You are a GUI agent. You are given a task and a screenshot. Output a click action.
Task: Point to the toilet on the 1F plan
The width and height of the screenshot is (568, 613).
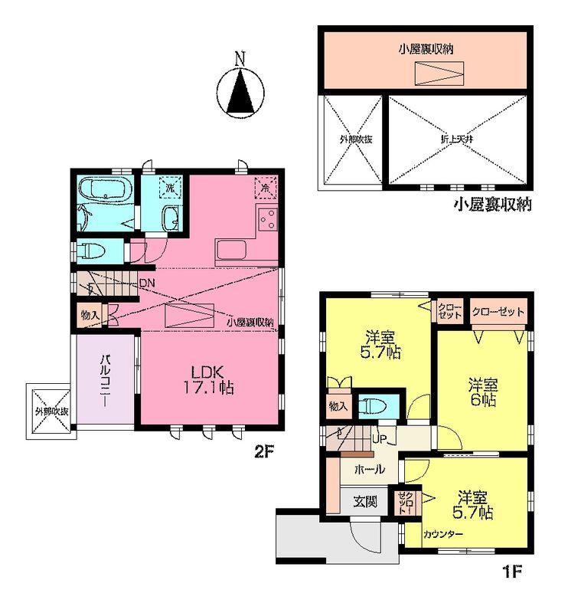374,405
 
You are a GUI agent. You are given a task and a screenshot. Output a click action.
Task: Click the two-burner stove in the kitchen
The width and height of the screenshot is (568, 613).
267,220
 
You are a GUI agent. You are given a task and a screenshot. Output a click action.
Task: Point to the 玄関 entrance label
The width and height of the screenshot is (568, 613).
364,502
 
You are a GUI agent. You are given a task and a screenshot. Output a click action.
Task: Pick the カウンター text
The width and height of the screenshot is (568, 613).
442,534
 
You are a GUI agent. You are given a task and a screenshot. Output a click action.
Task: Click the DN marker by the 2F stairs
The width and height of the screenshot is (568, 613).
146,282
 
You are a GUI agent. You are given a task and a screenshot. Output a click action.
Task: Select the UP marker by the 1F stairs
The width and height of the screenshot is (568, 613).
378,439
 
